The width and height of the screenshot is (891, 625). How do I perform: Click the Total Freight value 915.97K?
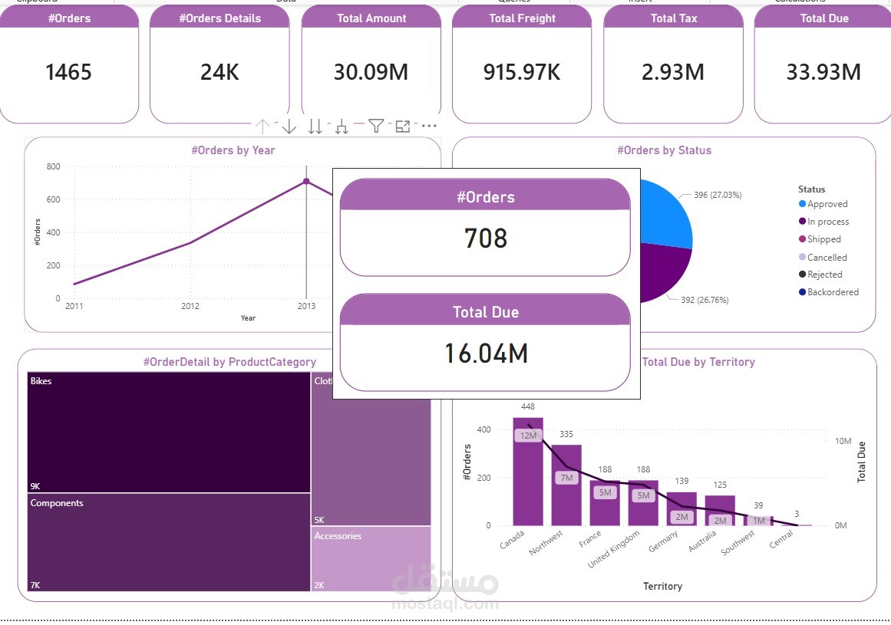pos(522,72)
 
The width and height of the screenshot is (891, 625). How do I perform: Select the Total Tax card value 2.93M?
pos(673,72)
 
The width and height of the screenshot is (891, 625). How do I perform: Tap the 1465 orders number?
pos(68,72)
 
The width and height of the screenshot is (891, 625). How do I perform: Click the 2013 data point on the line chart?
pos(306,182)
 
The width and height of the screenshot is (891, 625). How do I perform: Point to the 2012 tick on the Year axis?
pos(190,306)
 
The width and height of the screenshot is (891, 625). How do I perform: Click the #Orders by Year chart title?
pos(233,150)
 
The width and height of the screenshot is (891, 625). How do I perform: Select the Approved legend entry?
pos(827,204)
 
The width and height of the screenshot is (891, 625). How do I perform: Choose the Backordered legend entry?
pos(832,292)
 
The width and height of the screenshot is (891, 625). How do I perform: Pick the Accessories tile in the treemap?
pos(371,558)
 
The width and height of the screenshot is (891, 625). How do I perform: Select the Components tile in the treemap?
pos(169,541)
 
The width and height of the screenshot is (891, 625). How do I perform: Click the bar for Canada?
pos(527,472)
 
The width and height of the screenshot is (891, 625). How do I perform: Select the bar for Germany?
pos(681,508)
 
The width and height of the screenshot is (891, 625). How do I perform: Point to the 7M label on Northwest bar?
pos(566,478)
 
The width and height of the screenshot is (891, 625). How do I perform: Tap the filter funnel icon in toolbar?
pos(375,127)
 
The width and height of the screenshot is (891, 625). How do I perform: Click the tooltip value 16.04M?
pos(486,354)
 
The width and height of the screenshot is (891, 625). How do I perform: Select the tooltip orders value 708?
pos(486,238)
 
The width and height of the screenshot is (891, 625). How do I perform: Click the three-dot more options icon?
pos(429,127)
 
